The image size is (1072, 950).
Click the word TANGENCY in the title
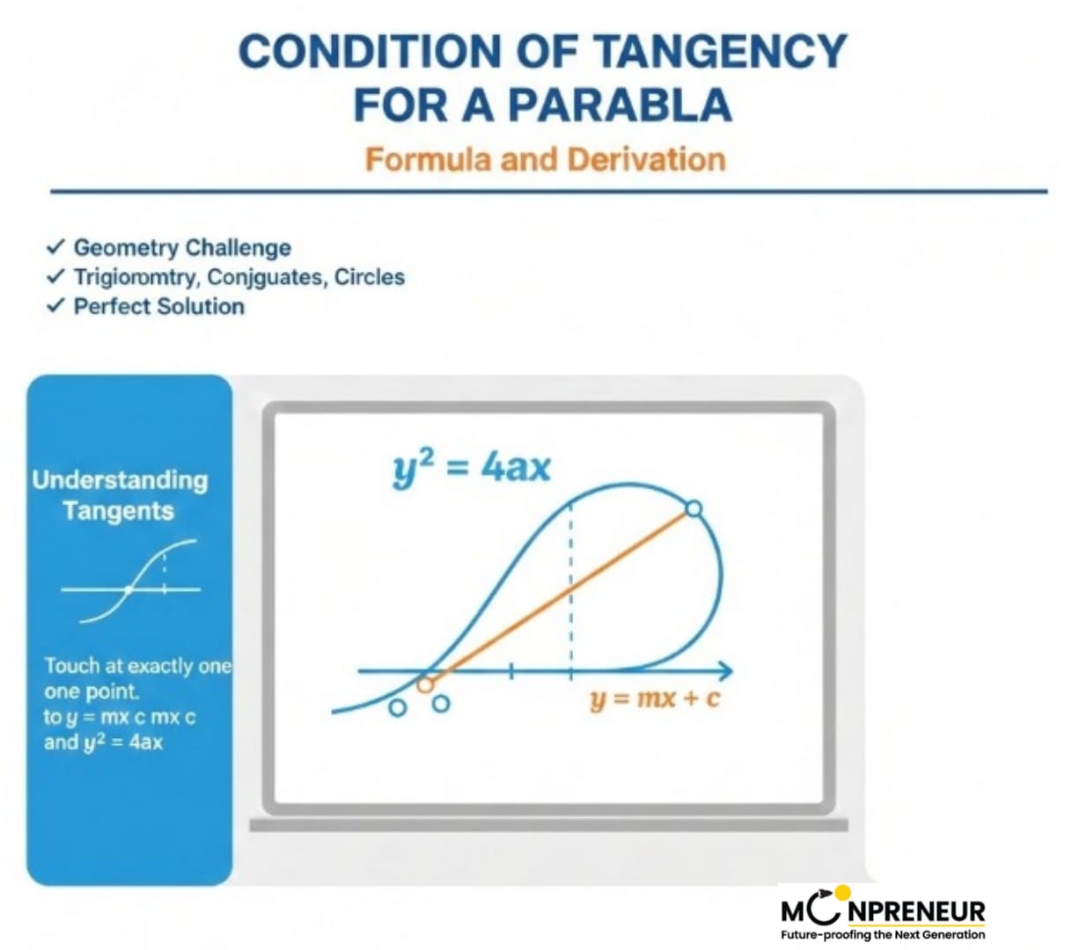pos(720,51)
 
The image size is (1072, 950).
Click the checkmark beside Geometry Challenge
pos(55,246)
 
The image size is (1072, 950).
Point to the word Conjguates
pos(264,277)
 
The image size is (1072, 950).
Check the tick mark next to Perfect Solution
pos(55,306)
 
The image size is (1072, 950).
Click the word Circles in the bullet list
pos(370,276)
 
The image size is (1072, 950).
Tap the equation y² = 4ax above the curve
pos(471,468)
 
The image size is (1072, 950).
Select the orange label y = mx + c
pos(655,698)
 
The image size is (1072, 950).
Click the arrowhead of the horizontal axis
pos(726,671)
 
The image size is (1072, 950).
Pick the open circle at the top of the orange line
pos(694,508)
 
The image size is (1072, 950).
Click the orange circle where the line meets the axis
pos(425,685)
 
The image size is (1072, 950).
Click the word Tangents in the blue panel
pos(119,511)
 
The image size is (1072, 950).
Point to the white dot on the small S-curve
pos(128,588)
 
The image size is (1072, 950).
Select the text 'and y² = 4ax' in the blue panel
pos(103,742)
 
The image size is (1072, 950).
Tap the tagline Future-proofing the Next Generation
pos(883,935)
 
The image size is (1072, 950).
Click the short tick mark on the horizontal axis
pos(510,671)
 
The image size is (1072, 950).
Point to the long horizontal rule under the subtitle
pos(548,191)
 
